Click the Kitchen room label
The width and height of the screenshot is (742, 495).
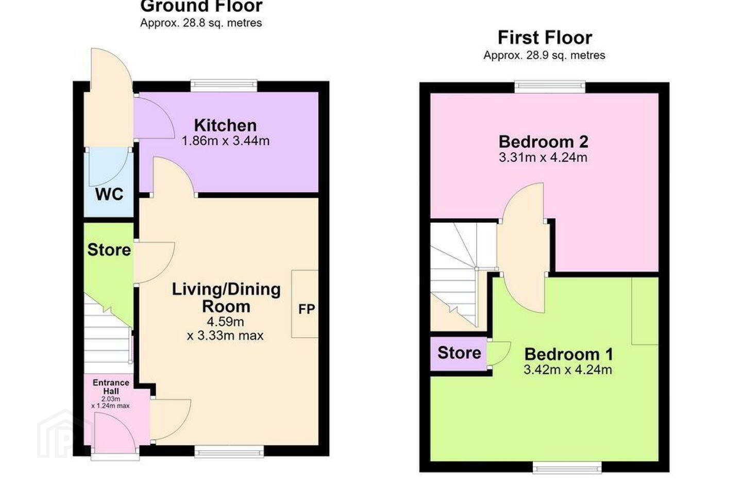(x=225, y=125)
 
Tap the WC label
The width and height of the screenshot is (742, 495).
(x=109, y=194)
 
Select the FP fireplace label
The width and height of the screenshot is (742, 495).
(x=307, y=309)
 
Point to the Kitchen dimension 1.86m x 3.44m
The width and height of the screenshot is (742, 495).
(x=226, y=141)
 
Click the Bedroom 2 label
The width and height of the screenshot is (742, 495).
(x=544, y=142)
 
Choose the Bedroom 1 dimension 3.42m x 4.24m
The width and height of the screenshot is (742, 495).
(x=568, y=369)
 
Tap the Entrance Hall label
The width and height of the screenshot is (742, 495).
(x=111, y=387)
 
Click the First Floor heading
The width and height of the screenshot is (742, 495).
(x=545, y=38)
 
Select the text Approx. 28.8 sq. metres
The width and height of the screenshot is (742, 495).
(x=201, y=23)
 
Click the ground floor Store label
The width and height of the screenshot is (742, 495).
(x=109, y=250)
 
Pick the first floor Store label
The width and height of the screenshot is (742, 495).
(x=459, y=353)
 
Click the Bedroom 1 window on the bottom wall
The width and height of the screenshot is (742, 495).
(x=567, y=467)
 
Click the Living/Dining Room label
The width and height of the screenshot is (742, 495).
(x=226, y=298)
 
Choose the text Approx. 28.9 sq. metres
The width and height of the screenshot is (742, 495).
(x=544, y=55)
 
